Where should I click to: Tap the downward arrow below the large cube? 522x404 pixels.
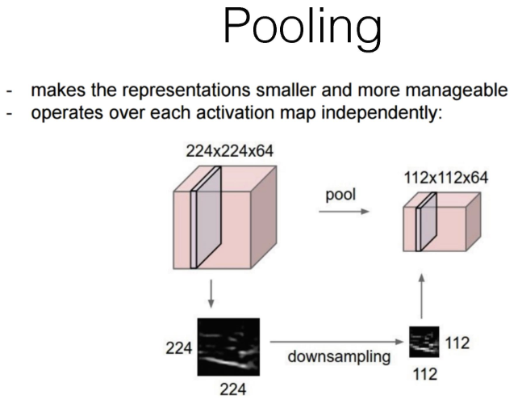coord(211,296)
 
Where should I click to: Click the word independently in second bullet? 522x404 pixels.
coord(372,113)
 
